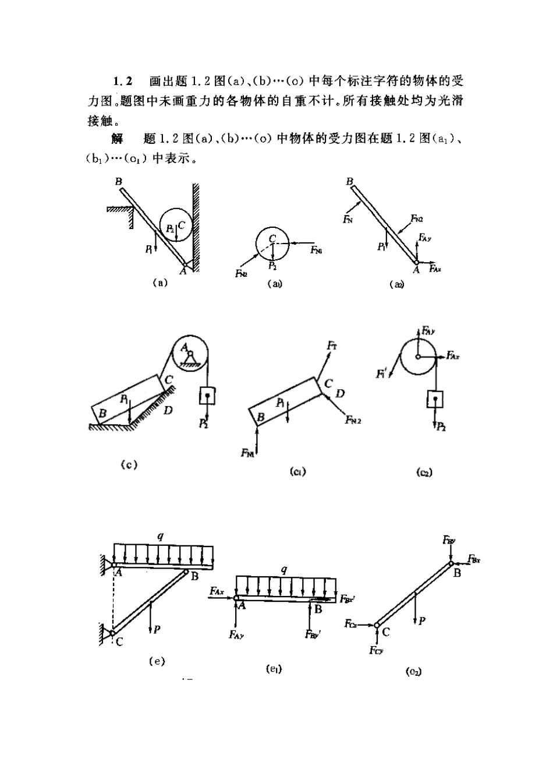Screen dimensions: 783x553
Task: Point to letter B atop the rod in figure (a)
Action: coord(118,181)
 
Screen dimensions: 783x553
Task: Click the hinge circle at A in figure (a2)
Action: coord(417,262)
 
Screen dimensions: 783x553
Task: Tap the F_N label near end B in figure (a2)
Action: coord(348,219)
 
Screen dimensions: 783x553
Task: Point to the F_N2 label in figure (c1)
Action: coord(353,419)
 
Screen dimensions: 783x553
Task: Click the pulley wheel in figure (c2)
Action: coord(418,356)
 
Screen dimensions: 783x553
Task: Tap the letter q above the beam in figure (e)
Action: coord(160,535)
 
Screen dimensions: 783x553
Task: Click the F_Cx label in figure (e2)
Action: coord(350,624)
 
